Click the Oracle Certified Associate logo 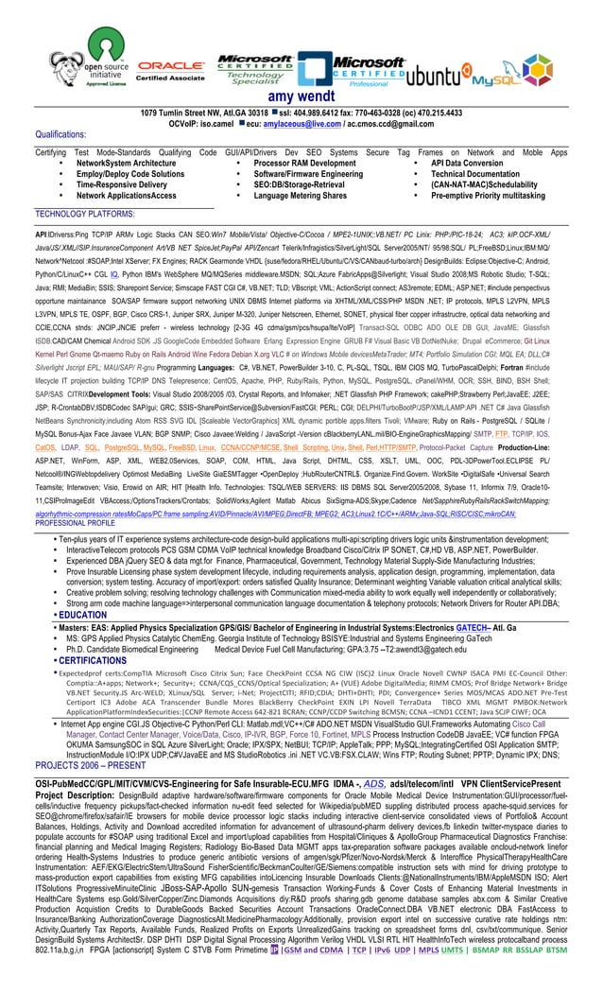pyautogui.click(x=171, y=70)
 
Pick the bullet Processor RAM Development pyautogui.click(x=304, y=163)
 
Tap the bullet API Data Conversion pyautogui.click(x=467, y=163)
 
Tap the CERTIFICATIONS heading pyautogui.click(x=93, y=660)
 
